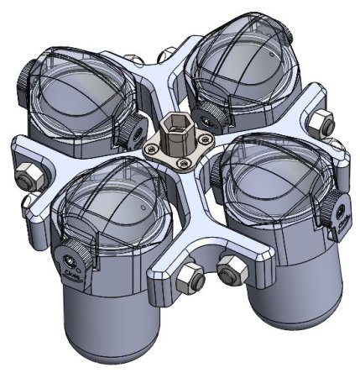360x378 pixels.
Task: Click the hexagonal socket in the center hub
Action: (x=179, y=138)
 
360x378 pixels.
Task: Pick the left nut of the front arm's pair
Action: (x=191, y=275)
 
